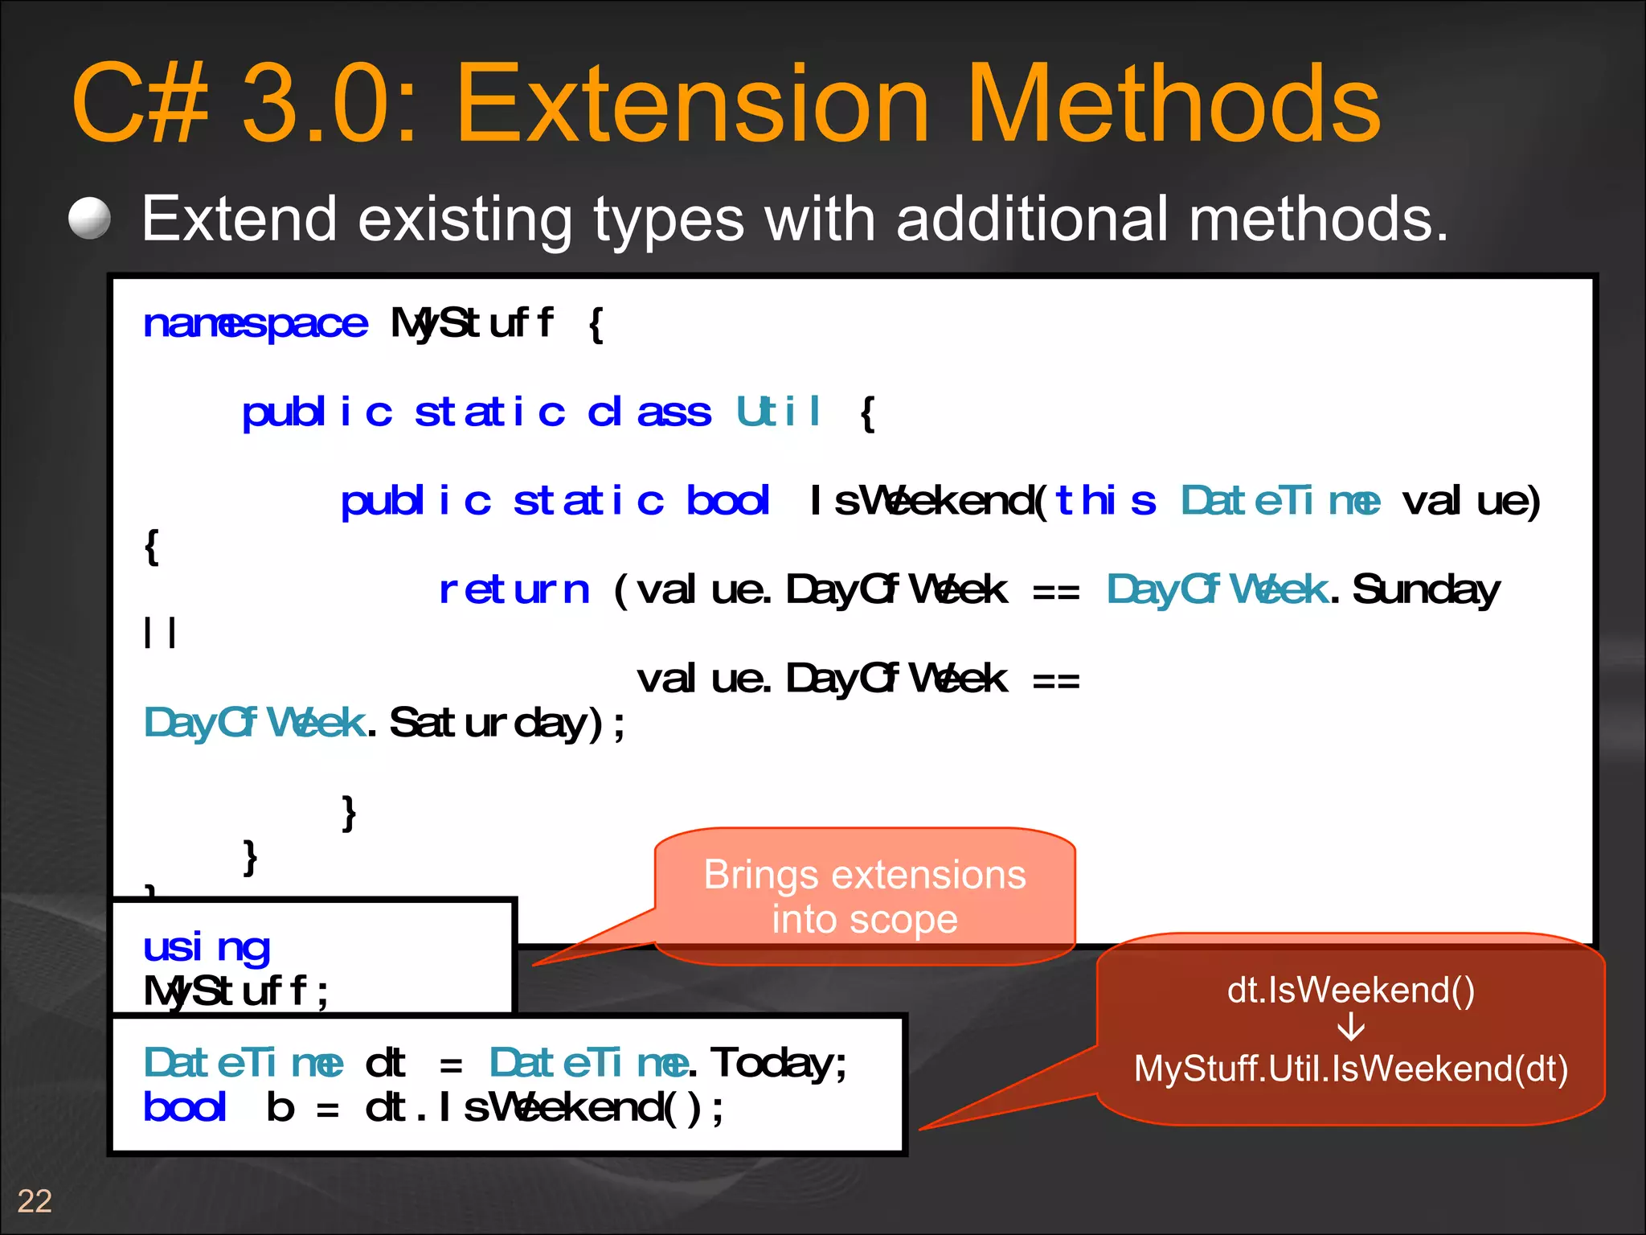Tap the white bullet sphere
click(x=89, y=219)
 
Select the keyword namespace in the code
click(x=255, y=324)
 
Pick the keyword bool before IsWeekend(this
click(x=727, y=501)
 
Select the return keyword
click(x=514, y=590)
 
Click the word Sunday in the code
click(x=1426, y=590)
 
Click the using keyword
click(x=207, y=947)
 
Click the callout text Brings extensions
click(x=865, y=875)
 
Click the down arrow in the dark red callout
click(x=1351, y=1028)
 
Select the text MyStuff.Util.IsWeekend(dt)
click(x=1351, y=1069)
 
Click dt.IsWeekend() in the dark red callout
click(x=1351, y=990)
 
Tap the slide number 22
click(x=35, y=1201)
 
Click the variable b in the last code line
click(x=280, y=1108)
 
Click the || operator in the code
click(x=159, y=632)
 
